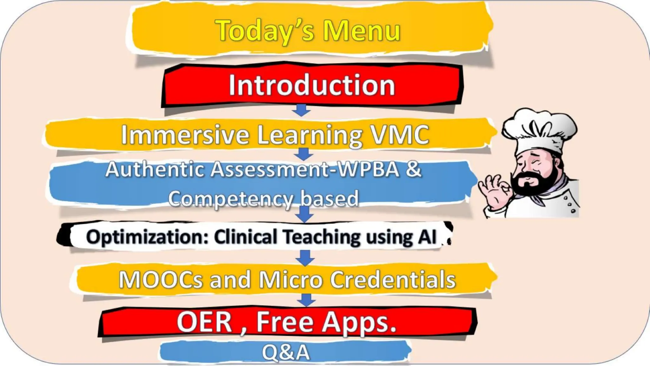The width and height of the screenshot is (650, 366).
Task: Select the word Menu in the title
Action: (362, 31)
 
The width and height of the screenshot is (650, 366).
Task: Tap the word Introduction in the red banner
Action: (312, 85)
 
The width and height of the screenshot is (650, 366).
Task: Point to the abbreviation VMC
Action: (400, 135)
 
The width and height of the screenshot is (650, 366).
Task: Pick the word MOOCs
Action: (161, 280)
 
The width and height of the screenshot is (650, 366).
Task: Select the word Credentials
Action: (393, 280)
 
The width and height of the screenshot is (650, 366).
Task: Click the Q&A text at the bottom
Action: (286, 352)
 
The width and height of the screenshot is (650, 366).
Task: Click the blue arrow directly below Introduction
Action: (301, 110)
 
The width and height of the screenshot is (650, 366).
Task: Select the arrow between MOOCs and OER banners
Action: (306, 300)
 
